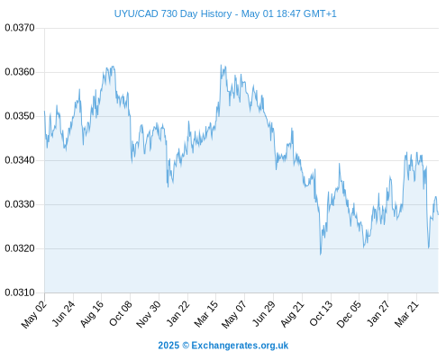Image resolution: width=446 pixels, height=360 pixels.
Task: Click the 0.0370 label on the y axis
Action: (20, 28)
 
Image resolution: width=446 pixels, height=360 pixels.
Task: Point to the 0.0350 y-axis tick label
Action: (20, 116)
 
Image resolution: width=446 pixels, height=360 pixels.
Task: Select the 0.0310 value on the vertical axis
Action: (20, 292)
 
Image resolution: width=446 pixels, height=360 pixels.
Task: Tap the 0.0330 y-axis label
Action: (20, 204)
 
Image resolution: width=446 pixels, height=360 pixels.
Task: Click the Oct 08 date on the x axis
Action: (121, 313)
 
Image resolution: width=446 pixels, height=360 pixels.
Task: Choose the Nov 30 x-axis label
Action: (149, 314)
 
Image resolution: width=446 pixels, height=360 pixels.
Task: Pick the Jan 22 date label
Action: (178, 313)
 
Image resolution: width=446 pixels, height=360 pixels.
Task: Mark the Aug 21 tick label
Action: (293, 314)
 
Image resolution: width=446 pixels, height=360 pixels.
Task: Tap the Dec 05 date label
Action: (349, 314)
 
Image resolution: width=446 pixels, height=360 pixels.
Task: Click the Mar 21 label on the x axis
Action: (407, 314)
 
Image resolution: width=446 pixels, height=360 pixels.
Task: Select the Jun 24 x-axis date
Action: (64, 313)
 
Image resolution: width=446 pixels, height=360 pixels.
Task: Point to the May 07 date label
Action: (234, 314)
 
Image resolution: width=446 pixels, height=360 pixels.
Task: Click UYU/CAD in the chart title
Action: (136, 13)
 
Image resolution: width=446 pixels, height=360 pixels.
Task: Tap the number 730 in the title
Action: (168, 13)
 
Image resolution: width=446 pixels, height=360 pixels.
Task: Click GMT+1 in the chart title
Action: (320, 13)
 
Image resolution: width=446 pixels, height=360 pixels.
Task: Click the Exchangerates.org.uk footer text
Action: (240, 346)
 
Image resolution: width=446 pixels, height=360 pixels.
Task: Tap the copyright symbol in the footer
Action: (186, 346)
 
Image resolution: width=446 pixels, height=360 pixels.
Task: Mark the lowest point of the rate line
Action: (321, 255)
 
